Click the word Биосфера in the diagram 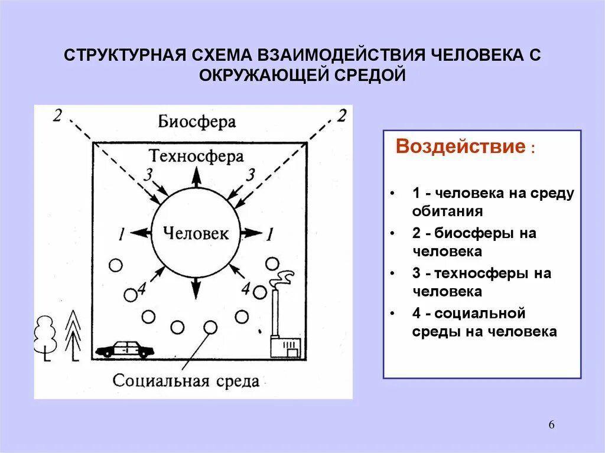[197, 122]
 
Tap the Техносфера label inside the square [196, 156]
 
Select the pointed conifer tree [73, 334]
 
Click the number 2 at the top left [57, 115]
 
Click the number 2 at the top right [341, 115]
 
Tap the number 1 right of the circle [269, 234]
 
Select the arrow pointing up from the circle [196, 178]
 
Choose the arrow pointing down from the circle [196, 288]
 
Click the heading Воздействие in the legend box [460, 146]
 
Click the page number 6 [551, 425]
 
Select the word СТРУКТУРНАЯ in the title [125, 55]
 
